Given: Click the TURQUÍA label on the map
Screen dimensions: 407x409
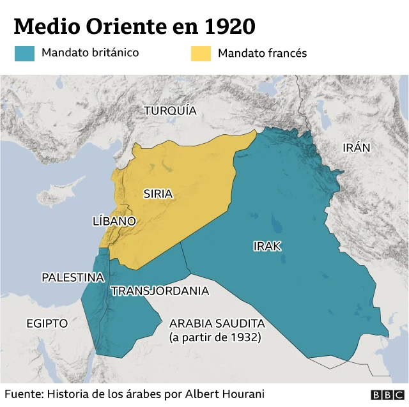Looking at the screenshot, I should click(x=170, y=111).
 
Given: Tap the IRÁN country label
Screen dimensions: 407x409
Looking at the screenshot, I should click(x=356, y=148).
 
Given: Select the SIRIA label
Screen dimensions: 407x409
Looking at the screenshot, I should click(x=158, y=194).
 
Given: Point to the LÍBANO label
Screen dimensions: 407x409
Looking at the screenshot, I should click(x=114, y=221).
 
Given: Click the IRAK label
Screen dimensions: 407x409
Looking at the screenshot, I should click(x=267, y=246).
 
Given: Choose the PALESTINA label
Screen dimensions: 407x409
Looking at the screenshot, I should click(x=73, y=277).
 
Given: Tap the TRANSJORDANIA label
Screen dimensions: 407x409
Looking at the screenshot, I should click(x=160, y=291).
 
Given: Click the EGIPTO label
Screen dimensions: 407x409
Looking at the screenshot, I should click(x=47, y=323).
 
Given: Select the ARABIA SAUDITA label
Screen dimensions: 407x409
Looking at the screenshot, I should click(x=217, y=323).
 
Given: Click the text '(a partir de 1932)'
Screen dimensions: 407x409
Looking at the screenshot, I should click(x=215, y=337).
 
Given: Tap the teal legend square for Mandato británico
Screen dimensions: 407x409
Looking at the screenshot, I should click(x=24, y=53).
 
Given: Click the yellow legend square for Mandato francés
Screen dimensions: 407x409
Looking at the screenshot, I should click(x=200, y=53).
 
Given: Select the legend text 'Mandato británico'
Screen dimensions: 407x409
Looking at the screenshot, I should click(x=90, y=53).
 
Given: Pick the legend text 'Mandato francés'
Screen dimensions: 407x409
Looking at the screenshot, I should click(x=262, y=53).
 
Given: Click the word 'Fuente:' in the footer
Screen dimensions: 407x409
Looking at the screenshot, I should click(x=24, y=394).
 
